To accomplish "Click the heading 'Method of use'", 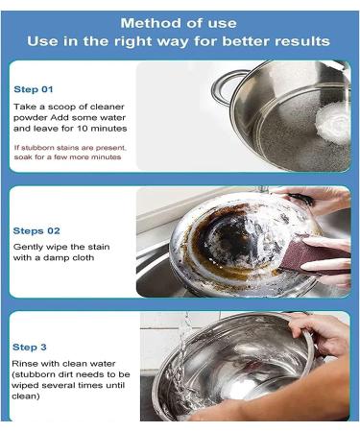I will [180, 21].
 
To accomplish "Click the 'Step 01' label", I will [34, 89].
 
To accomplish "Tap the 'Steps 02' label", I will [36, 231].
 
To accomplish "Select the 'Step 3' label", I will [32, 347].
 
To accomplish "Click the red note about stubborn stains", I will [67, 152].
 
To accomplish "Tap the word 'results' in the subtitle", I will [301, 41].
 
